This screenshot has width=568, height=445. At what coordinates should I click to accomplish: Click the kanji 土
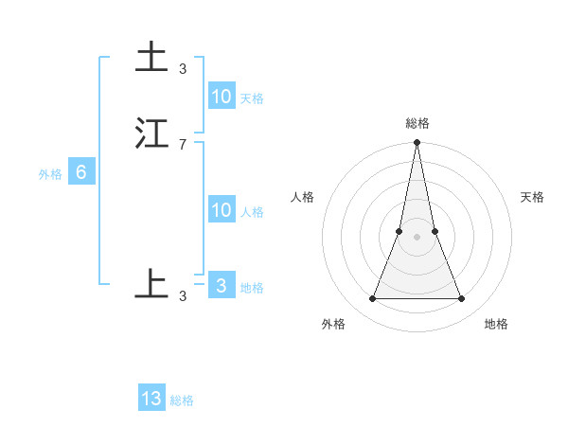(151, 58)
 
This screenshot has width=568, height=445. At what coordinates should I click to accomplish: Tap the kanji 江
(151, 133)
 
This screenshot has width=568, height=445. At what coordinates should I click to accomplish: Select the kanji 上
(151, 284)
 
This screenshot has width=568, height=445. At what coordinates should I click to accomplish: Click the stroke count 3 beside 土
(183, 68)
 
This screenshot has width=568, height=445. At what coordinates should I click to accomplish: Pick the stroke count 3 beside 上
(183, 295)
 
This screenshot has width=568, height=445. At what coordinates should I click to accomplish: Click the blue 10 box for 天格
(222, 97)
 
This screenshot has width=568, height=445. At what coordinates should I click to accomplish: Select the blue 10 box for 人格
(222, 210)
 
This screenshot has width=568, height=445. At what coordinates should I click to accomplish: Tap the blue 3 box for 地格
(222, 286)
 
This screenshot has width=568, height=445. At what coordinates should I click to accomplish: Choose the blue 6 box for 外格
(81, 172)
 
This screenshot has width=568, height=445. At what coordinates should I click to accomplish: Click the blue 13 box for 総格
(151, 399)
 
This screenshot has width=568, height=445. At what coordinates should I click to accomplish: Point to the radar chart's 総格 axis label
(417, 123)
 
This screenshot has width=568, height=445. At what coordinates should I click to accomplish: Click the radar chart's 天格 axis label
(533, 197)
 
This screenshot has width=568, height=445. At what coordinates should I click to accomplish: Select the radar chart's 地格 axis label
(496, 325)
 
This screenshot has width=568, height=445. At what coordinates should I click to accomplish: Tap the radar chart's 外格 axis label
(333, 325)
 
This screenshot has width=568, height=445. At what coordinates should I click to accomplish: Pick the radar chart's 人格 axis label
(302, 197)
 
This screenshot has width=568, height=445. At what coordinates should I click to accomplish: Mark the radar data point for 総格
(417, 143)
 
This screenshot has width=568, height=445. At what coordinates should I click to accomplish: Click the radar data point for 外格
(372, 299)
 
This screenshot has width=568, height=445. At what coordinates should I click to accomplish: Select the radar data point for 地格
(462, 299)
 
